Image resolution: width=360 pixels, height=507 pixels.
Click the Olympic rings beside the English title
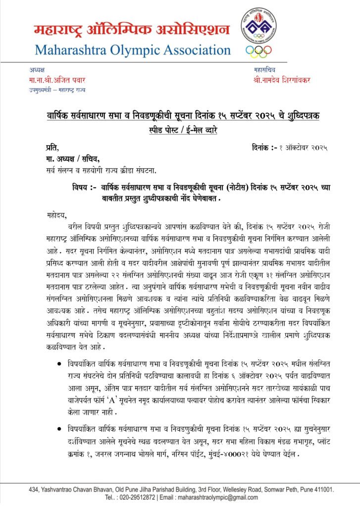click(258, 51)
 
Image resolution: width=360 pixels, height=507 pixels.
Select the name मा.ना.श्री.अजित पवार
click(53, 80)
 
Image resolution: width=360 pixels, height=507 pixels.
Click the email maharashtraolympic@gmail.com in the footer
click(212, 497)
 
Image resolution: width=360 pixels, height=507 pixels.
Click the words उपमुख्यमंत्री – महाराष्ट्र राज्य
click(57, 89)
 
